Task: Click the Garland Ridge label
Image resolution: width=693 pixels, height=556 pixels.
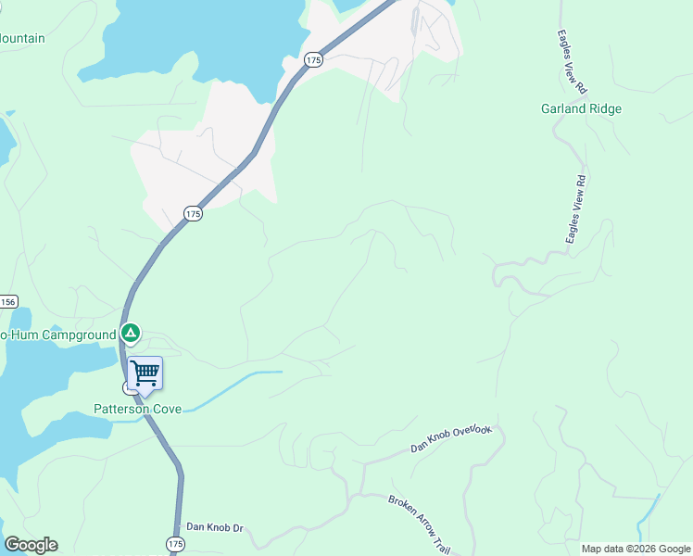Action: click(x=581, y=108)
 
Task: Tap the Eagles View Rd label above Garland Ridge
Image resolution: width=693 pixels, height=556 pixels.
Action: click(x=571, y=61)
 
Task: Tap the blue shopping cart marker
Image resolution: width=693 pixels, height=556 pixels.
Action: click(x=145, y=373)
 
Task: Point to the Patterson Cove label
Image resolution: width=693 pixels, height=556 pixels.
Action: click(x=137, y=408)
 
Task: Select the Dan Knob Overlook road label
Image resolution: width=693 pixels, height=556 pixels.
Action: click(x=454, y=439)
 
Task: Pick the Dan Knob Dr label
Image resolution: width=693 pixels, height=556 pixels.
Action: click(x=214, y=527)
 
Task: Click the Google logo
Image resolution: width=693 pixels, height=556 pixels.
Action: click(x=31, y=545)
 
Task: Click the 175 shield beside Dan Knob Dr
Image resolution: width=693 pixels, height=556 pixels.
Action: click(x=176, y=542)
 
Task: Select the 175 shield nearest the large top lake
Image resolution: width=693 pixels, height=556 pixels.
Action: click(x=313, y=59)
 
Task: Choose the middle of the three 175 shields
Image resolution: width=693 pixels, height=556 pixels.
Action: click(x=192, y=213)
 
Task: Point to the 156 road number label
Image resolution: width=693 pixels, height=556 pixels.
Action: click(x=8, y=302)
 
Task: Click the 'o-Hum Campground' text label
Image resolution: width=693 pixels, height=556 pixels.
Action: click(x=57, y=334)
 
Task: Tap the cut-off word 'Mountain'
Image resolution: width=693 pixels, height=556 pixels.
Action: click(x=22, y=39)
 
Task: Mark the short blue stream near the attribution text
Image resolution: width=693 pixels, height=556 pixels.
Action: click(x=647, y=519)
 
